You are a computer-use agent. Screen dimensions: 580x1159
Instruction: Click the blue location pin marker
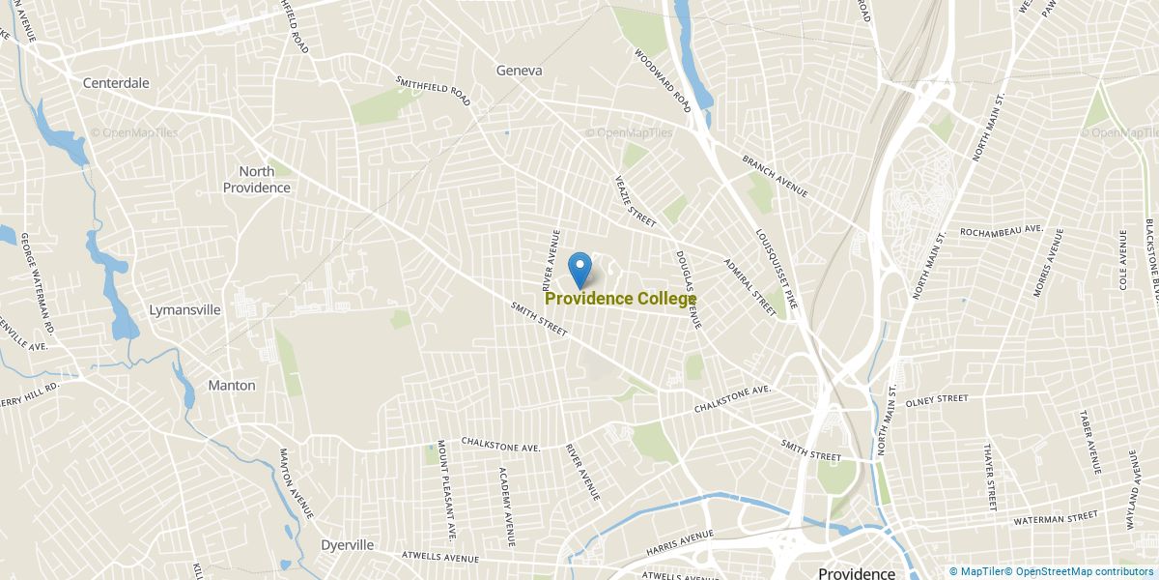pyautogui.click(x=579, y=269)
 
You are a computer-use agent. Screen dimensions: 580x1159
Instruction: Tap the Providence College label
pyautogui.click(x=620, y=300)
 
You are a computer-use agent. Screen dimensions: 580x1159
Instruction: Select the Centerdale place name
pyautogui.click(x=116, y=83)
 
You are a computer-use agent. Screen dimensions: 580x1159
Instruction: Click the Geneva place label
pyautogui.click(x=519, y=71)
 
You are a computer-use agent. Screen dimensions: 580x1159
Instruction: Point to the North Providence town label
pyautogui.click(x=257, y=180)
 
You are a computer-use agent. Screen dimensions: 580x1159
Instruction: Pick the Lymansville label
pyautogui.click(x=185, y=310)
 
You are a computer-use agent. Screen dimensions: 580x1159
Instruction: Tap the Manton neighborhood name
pyautogui.click(x=232, y=385)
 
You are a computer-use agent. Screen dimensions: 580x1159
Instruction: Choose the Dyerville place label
pyautogui.click(x=347, y=545)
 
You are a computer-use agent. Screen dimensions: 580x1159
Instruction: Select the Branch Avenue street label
pyautogui.click(x=775, y=176)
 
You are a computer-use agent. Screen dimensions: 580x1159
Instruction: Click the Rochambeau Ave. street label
pyautogui.click(x=1002, y=231)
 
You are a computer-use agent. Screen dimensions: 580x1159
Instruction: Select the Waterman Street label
pyautogui.click(x=1056, y=519)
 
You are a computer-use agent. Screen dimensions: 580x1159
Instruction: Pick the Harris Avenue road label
pyautogui.click(x=680, y=537)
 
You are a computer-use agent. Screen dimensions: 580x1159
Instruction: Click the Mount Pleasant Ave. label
pyautogui.click(x=445, y=489)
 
